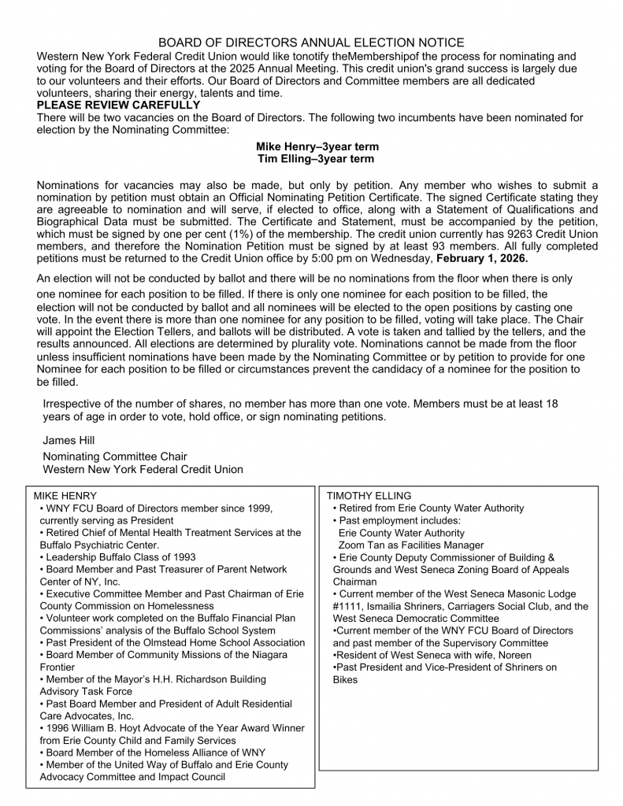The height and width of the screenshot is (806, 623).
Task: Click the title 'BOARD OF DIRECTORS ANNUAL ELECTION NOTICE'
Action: tap(311, 43)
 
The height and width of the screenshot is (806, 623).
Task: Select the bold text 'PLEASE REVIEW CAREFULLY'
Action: tap(118, 105)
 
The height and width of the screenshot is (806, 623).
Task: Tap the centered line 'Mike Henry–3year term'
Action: tap(317, 147)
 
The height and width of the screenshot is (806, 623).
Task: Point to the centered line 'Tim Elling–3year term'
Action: tap(317, 160)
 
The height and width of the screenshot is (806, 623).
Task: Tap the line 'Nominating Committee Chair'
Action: tap(115, 457)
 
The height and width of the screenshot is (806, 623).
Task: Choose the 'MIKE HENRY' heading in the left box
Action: tap(66, 496)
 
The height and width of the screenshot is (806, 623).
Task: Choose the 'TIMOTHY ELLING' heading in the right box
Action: tap(369, 496)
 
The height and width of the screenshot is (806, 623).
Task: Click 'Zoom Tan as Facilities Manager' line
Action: tap(411, 545)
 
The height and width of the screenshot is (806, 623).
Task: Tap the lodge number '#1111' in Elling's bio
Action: tap(347, 606)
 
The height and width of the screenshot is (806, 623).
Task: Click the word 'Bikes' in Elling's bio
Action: tap(345, 679)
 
